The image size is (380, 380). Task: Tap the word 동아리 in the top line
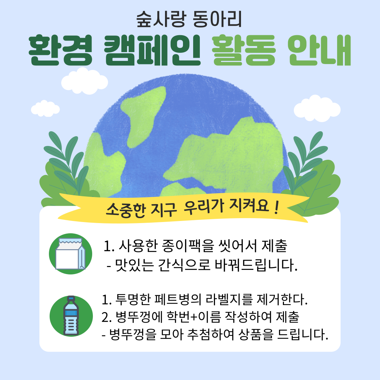pos(217,19)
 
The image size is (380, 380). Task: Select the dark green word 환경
pos(61,50)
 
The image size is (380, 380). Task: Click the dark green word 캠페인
pos(152,50)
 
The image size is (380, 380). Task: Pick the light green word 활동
pos(244,50)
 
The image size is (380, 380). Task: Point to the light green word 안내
pos(319,50)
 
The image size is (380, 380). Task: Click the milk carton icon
pos(70,254)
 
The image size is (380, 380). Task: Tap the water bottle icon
pos(71,316)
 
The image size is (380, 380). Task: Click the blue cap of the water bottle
pos(71,298)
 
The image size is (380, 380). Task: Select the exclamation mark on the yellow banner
pos(276,208)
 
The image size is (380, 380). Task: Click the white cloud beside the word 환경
pos(84,81)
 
